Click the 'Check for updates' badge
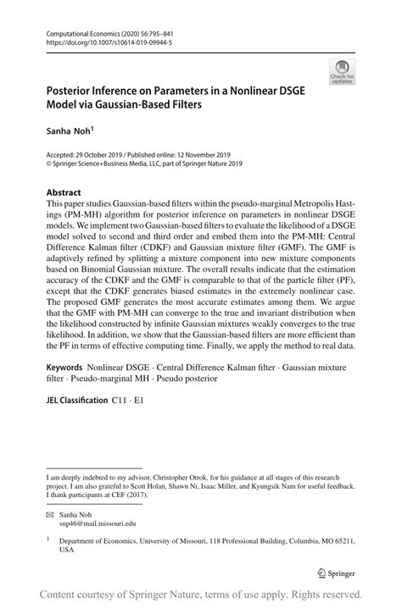coord(342,72)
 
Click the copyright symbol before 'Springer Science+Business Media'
coord(48,163)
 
